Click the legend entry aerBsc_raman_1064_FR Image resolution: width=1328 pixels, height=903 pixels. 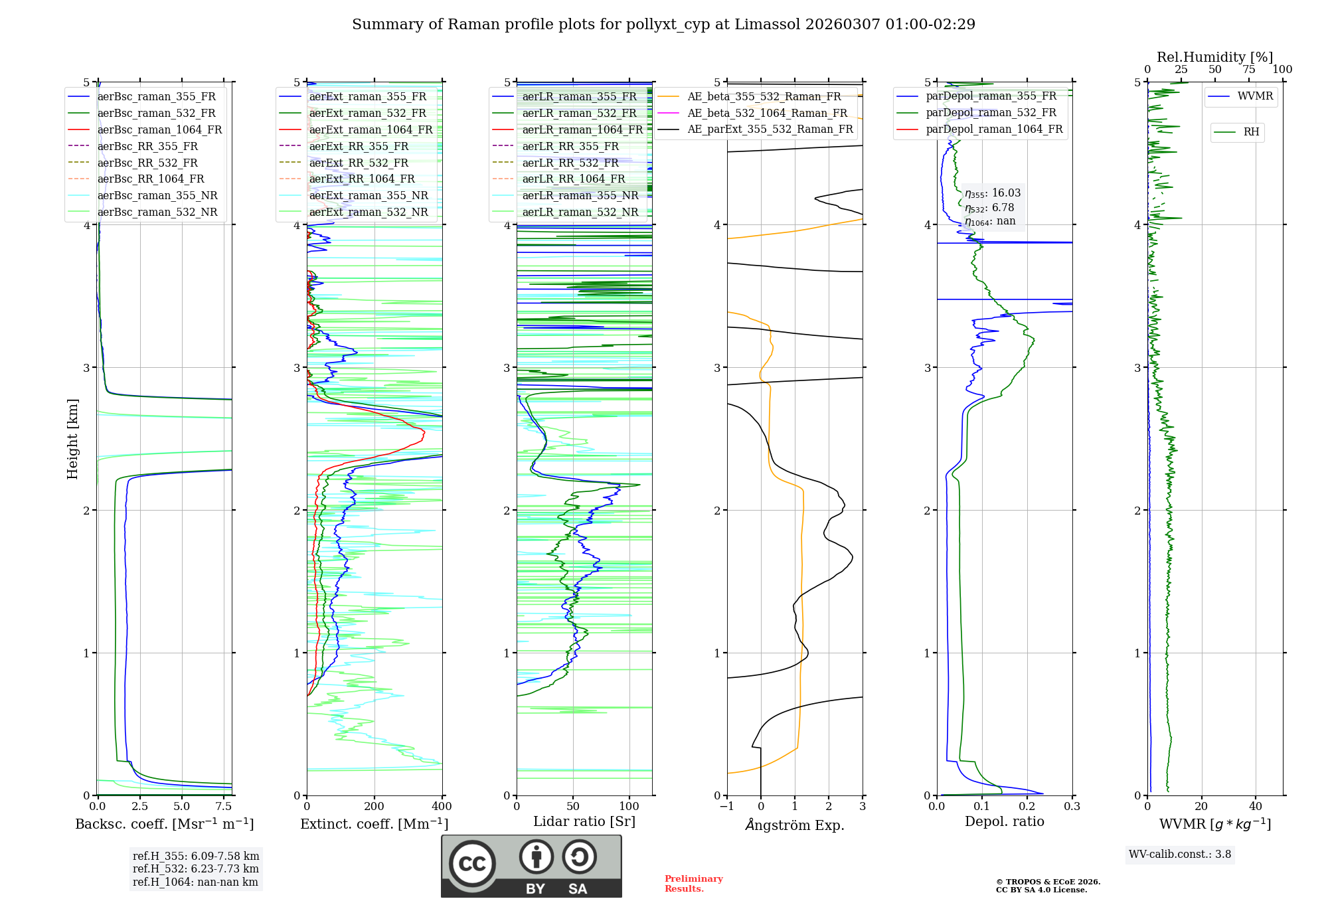[159, 130]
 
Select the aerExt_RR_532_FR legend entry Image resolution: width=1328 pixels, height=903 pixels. [362, 163]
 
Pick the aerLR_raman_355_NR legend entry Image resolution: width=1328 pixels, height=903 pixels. [580, 196]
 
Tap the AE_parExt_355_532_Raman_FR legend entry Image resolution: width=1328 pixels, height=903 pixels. [770, 129]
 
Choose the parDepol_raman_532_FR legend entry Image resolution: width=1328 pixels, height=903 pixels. [991, 113]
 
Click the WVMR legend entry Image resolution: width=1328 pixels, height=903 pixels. [1255, 96]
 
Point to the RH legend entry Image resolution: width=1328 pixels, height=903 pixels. [1251, 132]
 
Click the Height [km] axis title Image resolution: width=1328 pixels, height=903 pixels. [72, 439]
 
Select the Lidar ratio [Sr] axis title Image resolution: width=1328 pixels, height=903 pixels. [584, 822]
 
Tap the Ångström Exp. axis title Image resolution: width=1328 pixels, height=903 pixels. [795, 825]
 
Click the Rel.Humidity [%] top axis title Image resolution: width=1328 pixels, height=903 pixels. [1214, 57]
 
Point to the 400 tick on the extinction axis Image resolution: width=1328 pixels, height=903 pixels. [442, 807]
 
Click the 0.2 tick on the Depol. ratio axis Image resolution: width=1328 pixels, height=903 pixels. [1027, 807]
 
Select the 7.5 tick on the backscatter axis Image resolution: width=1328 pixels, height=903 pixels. [224, 807]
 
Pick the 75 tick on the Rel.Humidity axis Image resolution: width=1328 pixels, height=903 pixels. [1248, 70]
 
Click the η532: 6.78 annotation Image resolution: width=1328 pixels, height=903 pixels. [989, 208]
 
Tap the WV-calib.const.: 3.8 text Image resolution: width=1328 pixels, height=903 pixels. [1180, 855]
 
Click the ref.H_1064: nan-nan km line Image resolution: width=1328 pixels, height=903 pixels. [195, 882]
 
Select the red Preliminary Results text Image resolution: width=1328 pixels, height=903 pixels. [693, 884]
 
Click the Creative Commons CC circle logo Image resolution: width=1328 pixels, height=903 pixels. [472, 864]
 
